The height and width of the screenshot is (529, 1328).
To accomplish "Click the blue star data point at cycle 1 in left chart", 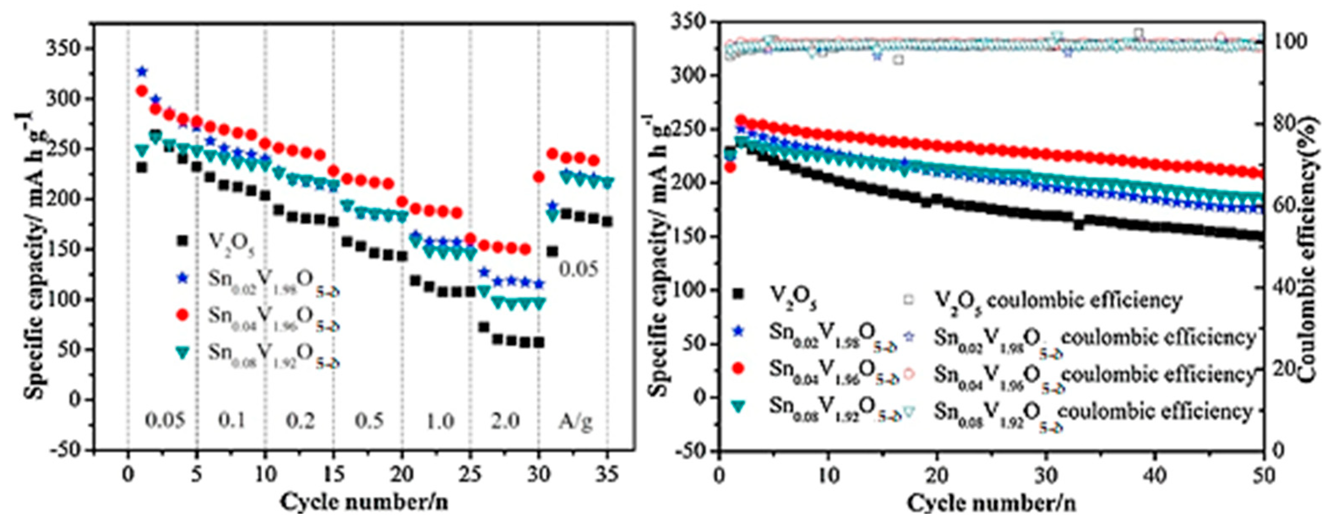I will coord(142,72).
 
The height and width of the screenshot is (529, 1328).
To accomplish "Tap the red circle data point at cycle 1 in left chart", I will coord(142,91).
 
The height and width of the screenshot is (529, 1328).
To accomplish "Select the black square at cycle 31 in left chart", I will coord(552,252).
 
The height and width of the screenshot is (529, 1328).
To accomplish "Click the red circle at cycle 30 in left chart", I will coord(539,177).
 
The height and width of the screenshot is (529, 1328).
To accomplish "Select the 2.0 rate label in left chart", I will coord(505,421).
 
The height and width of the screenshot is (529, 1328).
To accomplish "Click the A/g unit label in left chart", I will coord(576,421).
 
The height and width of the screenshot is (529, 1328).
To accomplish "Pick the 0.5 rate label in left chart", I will coord(369,421).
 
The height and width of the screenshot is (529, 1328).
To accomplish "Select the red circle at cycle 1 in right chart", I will coord(730,166).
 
